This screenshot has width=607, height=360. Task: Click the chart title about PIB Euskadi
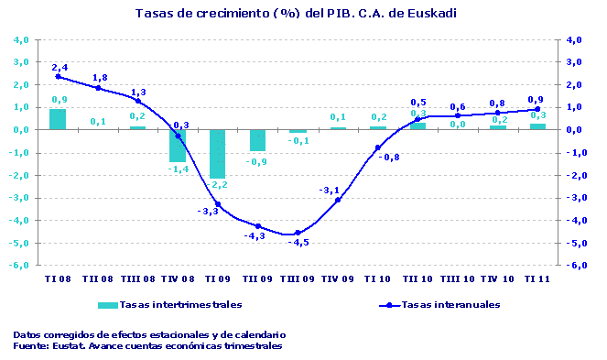[x=295, y=14]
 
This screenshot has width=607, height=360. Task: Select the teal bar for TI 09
[x=217, y=154]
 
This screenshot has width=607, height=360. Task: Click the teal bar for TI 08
[x=58, y=119]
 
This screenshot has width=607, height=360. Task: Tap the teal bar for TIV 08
[x=178, y=146]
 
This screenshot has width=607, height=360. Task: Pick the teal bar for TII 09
[x=257, y=140]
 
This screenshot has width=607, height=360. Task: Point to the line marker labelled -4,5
[x=298, y=233]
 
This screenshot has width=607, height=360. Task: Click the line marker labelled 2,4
[x=58, y=76]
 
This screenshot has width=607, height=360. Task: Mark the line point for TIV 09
[x=338, y=200]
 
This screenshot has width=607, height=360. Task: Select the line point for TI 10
[x=377, y=147]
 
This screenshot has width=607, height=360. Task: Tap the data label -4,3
[x=254, y=235]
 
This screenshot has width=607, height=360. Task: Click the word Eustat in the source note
[x=65, y=346]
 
